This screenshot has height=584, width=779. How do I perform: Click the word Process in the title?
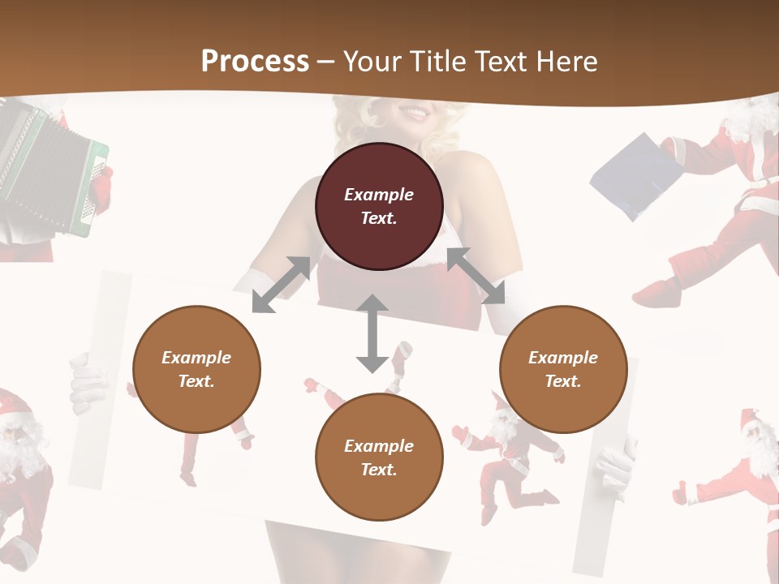pyautogui.click(x=255, y=61)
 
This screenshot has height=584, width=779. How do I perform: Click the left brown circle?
pyautogui.click(x=196, y=369)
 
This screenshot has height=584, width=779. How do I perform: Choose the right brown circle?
pyautogui.click(x=563, y=369)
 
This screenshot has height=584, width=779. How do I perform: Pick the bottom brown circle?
pyautogui.click(x=379, y=457)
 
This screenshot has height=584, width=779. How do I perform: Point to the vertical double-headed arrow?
pyautogui.click(x=372, y=333)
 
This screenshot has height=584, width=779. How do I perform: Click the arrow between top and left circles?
pyautogui.click(x=281, y=285)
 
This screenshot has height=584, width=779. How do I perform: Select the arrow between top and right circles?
pyautogui.click(x=476, y=276)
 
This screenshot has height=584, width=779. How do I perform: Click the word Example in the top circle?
pyautogui.click(x=379, y=195)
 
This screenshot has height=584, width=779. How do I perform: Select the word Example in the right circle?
pyautogui.click(x=563, y=358)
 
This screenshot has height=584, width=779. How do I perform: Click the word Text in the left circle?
pyautogui.click(x=196, y=381)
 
